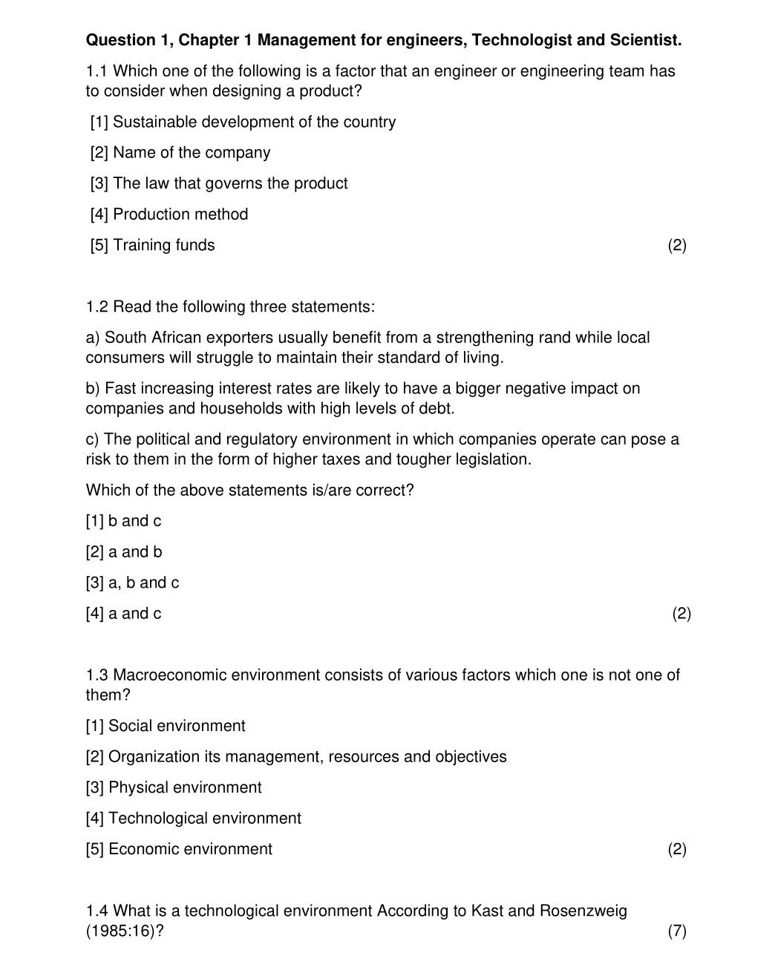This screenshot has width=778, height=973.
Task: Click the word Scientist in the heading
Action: coord(645,40)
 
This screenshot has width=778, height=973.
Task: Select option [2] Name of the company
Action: coord(180,153)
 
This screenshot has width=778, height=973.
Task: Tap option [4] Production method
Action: coord(169,214)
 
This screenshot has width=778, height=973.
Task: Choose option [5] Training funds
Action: coord(152,246)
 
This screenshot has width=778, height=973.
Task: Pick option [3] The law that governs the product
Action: coord(219,183)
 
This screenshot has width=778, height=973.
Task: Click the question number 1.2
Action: coord(97,307)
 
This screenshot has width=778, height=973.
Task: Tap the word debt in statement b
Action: coord(436,409)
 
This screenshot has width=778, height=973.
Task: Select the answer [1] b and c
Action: coord(123,521)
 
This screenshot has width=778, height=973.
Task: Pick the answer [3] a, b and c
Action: coord(132,583)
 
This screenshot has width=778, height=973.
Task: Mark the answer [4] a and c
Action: coord(123,614)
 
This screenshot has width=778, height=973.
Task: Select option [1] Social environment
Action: coord(166,726)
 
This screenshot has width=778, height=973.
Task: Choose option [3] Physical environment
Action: coord(174,787)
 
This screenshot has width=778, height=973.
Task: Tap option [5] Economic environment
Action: coord(179,849)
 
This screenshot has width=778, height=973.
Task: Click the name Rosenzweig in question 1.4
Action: coord(581,911)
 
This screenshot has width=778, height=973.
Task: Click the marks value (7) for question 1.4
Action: coord(676,931)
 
